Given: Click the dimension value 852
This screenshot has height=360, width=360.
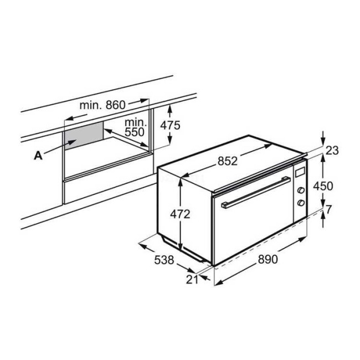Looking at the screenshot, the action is point(228,161).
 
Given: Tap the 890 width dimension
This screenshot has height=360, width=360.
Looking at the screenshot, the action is point(268,259).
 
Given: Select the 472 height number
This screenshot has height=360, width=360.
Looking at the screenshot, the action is point(180,214).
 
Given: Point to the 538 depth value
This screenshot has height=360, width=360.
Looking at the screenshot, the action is point(164,260).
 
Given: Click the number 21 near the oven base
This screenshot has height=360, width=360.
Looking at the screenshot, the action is point(192,279).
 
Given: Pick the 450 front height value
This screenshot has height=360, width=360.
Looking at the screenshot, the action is point(323,186).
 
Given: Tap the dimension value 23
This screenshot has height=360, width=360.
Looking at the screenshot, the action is point(332,151).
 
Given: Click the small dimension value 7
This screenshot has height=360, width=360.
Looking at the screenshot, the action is point(329,209).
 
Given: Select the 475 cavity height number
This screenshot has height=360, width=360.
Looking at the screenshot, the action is point(171,125).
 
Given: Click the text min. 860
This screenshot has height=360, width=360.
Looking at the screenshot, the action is point(102,105).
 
